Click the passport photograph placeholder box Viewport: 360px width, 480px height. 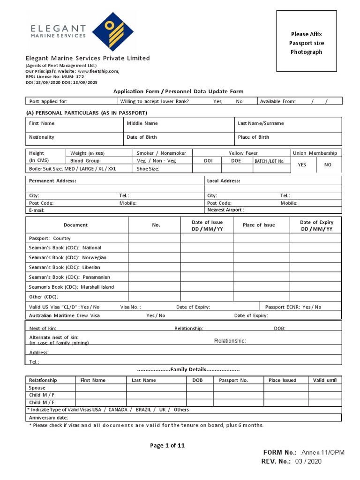[x=306, y=41]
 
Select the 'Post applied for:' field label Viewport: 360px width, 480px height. [x=48, y=101]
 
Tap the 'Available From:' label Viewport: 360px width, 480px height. [x=277, y=101]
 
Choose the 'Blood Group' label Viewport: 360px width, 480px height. [x=85, y=161]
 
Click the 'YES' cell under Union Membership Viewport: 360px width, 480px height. [x=302, y=165]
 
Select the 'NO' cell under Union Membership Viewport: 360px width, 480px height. [x=328, y=165]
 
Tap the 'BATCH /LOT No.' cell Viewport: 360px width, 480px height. [x=269, y=161]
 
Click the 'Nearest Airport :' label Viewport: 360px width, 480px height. [x=225, y=210]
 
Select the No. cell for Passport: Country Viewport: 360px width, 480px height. [x=154, y=238]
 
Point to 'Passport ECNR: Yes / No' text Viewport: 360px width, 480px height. [x=293, y=307]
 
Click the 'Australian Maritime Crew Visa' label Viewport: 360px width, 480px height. [x=64, y=315]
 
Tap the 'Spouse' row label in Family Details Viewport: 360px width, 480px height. [x=37, y=388]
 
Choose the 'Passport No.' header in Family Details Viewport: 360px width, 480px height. [x=233, y=380]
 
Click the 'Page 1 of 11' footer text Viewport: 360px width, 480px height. [x=167, y=446]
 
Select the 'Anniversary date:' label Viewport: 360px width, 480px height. [x=49, y=417]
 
